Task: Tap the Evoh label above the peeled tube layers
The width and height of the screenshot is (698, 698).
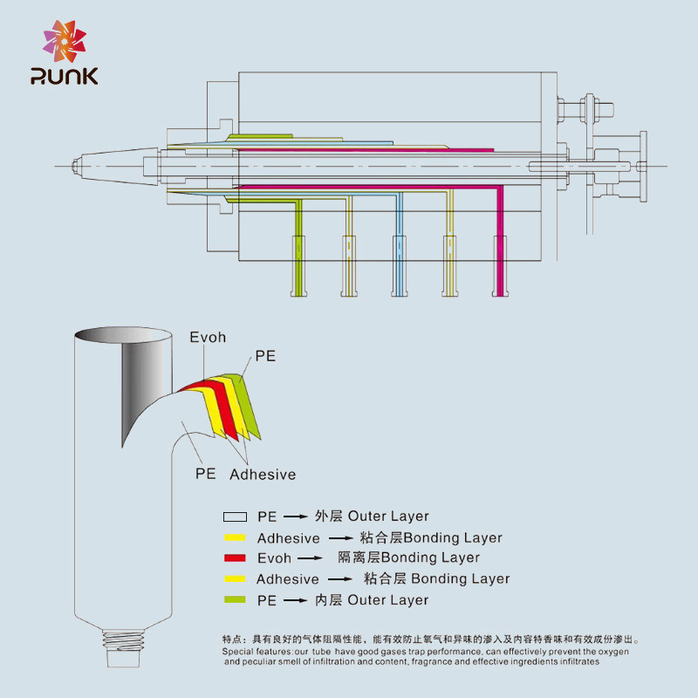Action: pyautogui.click(x=208, y=338)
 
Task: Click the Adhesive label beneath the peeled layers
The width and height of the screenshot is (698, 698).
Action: pyautogui.click(x=263, y=475)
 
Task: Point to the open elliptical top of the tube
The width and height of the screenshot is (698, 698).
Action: pyautogui.click(x=122, y=335)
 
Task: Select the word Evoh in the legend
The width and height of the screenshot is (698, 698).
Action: pyautogui.click(x=274, y=558)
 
